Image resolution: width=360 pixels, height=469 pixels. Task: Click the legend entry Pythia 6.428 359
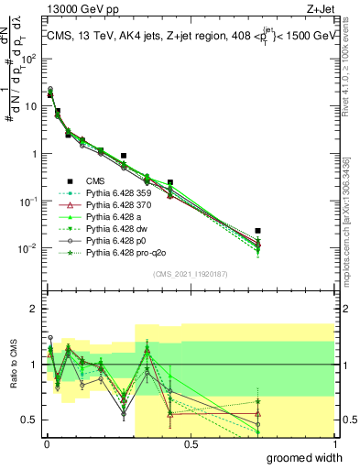coord(118,193)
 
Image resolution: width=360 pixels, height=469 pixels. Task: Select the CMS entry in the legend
coord(97,181)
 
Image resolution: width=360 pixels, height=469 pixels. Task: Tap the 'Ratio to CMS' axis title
coord(14,365)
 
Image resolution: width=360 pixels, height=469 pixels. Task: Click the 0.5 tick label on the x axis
coord(191,443)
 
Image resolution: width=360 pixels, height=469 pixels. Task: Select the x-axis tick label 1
coord(334,443)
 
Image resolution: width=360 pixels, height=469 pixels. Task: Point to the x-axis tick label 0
coord(47,443)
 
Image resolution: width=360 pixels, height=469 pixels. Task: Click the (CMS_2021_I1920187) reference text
coord(190,274)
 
